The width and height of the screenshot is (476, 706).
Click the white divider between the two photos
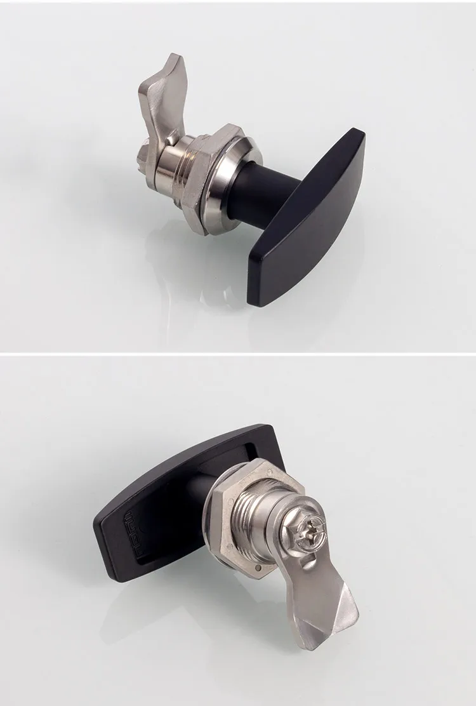(238, 352)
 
